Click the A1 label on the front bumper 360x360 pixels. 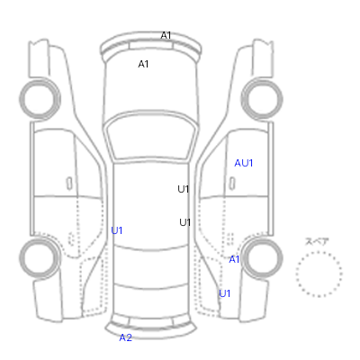[x=166, y=35]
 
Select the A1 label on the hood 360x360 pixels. [x=143, y=64]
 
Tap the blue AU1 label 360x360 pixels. [x=244, y=163]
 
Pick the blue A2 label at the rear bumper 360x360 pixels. [x=126, y=337]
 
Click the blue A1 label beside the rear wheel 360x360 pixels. [x=234, y=259]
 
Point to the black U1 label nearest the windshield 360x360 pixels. [x=184, y=189]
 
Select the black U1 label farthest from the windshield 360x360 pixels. [x=184, y=222]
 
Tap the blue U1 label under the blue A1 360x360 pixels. [x=224, y=293]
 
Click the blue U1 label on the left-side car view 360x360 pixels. [x=117, y=230]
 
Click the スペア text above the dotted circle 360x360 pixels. [x=317, y=242]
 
